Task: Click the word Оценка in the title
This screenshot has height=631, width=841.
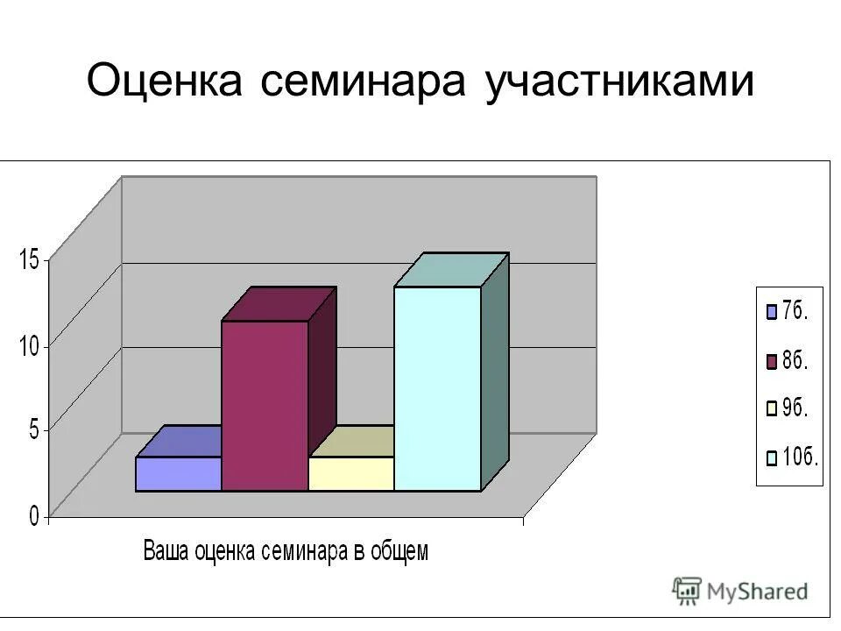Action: (x=166, y=82)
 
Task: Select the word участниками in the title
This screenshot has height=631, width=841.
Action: (x=618, y=83)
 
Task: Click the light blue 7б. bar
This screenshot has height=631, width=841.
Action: (x=178, y=473)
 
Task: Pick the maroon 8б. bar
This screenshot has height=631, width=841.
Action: (x=265, y=406)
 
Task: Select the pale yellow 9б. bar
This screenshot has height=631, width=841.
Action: (x=350, y=473)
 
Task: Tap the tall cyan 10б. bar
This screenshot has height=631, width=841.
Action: (x=437, y=388)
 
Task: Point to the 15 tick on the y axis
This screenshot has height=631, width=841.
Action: (x=28, y=259)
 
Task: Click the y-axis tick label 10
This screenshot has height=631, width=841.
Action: (x=28, y=345)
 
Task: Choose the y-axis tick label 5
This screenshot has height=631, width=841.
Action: (x=33, y=430)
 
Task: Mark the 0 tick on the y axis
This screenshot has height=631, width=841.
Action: (x=33, y=516)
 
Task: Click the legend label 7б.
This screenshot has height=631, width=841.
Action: (x=795, y=311)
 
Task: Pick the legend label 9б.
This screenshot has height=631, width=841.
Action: (x=795, y=408)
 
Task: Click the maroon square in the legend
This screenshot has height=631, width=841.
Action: (x=772, y=360)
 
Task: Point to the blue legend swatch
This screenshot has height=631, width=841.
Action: (x=772, y=312)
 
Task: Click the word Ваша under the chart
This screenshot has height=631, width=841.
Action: (x=166, y=552)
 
